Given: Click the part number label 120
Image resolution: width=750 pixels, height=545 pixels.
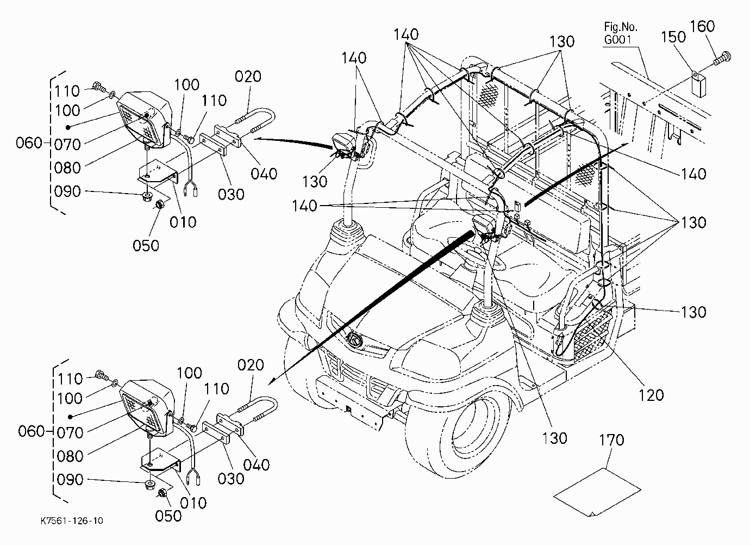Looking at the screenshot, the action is [x=651, y=395].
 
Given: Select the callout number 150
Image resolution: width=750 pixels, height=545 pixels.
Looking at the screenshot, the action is [x=673, y=37].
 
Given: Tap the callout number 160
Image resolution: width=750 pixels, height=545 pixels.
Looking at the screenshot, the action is [x=703, y=26].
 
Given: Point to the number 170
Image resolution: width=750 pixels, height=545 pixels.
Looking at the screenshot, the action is [x=612, y=440].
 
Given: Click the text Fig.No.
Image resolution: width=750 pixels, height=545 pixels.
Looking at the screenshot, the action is [x=621, y=27].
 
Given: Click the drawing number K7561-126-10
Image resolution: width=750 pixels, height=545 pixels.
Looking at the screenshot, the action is [x=72, y=521].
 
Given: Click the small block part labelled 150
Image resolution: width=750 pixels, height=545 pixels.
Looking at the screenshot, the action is [x=698, y=83].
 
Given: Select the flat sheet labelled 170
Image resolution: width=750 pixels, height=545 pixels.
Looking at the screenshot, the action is [x=597, y=492].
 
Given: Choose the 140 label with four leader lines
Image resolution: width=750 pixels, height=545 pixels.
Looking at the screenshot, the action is [x=406, y=34].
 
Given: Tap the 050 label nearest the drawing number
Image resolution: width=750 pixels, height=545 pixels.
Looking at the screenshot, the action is [x=168, y=516].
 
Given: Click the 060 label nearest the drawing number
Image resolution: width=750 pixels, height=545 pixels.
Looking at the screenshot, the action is [x=31, y=431].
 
